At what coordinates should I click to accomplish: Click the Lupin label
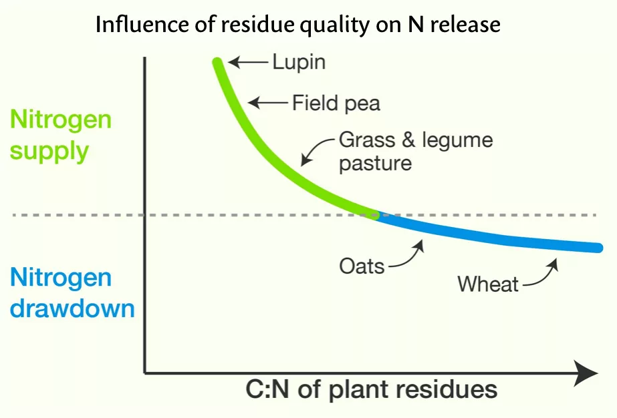coord(299,63)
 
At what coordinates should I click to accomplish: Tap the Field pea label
coord(336,103)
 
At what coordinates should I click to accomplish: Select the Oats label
coord(362,266)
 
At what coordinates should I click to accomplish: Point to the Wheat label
coord(488,284)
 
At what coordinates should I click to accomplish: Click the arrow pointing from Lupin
coord(248,62)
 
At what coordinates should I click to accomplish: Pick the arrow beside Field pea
coord(267,103)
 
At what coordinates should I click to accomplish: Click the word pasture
coord(376,164)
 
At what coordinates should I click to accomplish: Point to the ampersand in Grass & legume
coord(408,140)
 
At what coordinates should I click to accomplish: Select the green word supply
coord(49,152)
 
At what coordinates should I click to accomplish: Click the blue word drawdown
coord(72,308)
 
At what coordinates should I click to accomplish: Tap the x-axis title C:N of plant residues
coord(372,390)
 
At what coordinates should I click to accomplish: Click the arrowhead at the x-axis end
coord(587,373)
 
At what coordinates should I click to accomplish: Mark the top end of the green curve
coord(217,61)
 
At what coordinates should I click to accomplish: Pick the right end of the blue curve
coord(598,248)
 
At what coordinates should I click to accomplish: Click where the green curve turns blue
coord(376,215)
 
